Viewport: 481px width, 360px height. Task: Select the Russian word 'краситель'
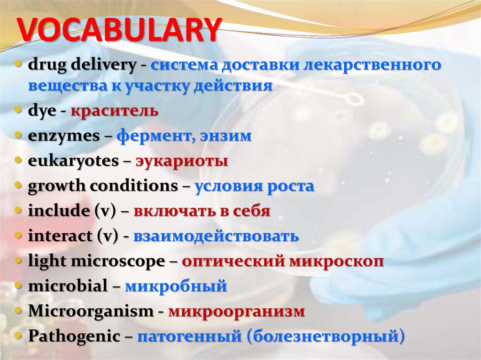tap(115, 111)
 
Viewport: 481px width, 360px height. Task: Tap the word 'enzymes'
tap(64, 137)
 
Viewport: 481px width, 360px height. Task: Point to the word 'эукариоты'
tap(182, 161)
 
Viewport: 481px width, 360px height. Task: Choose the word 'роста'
tap(291, 186)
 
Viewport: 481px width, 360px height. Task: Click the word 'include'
tap(58, 211)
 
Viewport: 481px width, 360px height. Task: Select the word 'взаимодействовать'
tap(216, 236)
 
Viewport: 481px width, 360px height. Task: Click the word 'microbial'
tap(68, 286)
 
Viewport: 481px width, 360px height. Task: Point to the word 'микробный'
tap(176, 286)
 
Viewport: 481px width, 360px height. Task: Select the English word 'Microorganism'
tap(91, 311)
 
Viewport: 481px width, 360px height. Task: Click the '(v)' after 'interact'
tap(107, 236)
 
